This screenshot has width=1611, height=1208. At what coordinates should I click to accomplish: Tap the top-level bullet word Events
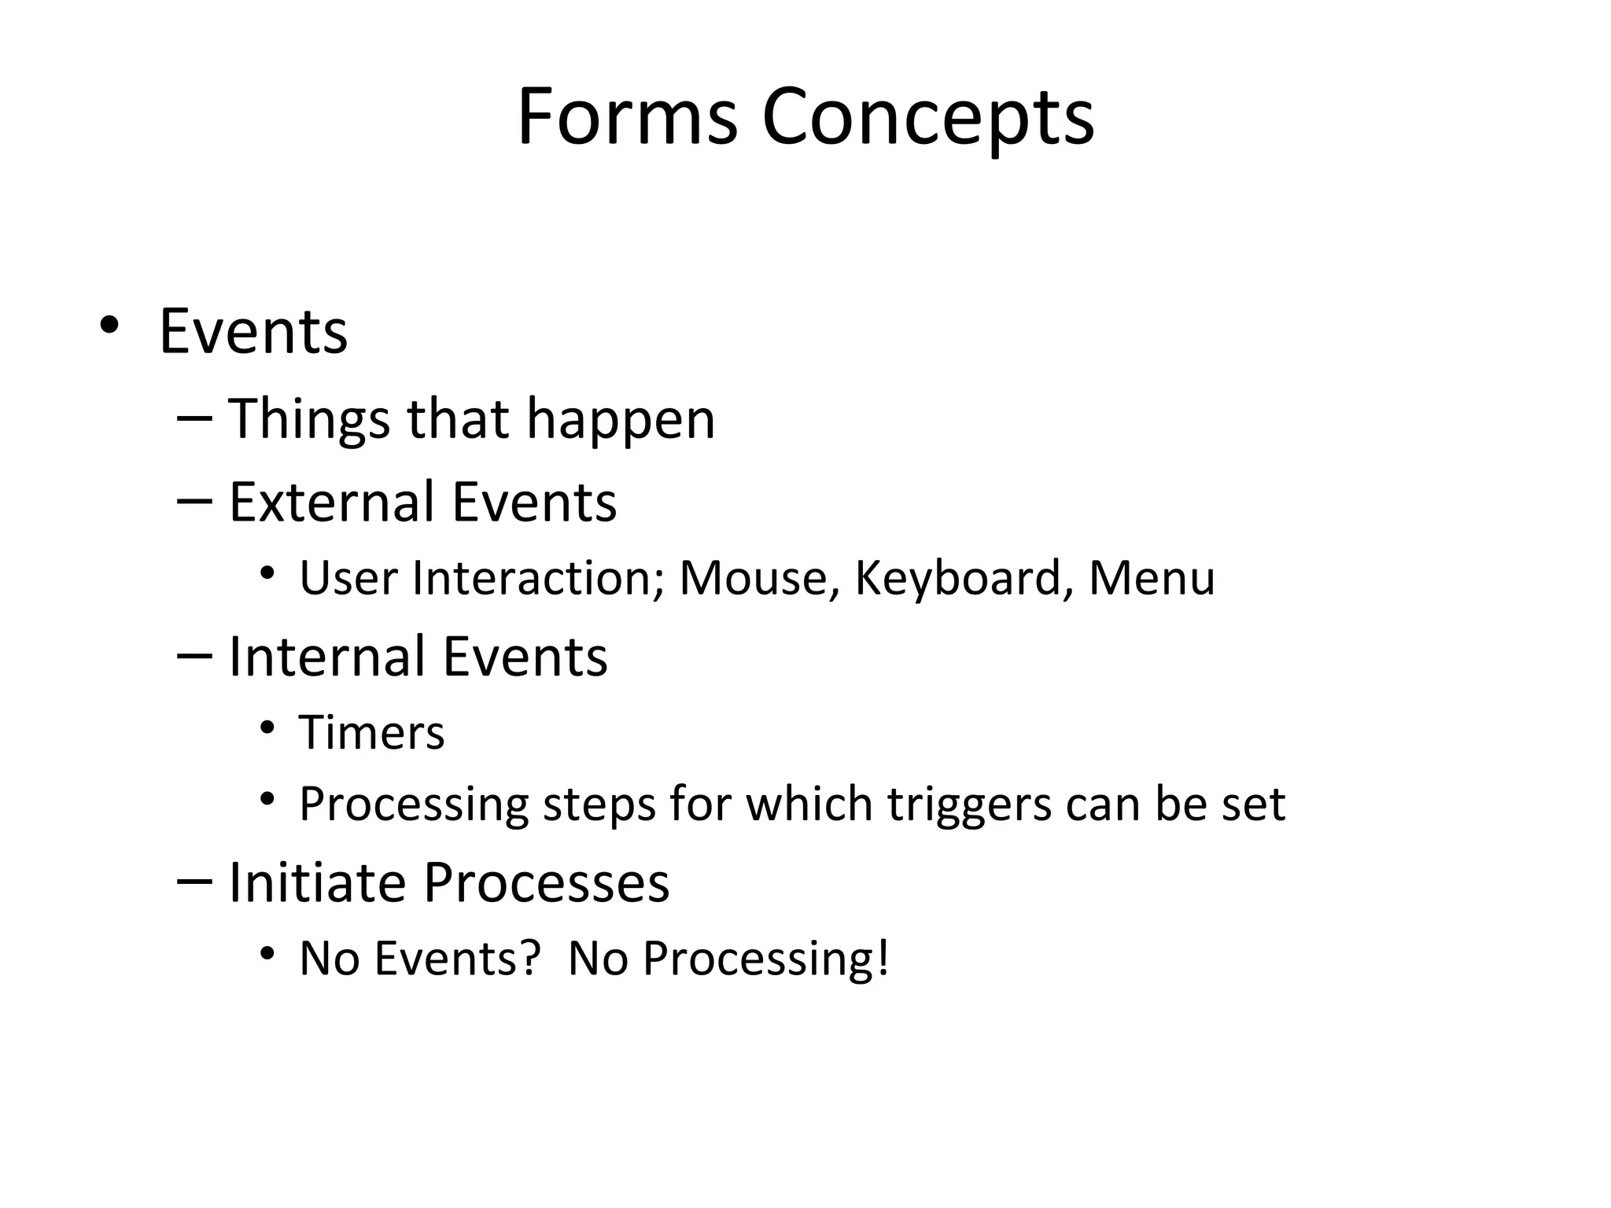253,331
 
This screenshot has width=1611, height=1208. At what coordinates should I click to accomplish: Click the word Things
308,420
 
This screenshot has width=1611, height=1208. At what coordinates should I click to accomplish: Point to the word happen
620,420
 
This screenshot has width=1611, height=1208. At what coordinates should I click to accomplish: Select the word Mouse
759,578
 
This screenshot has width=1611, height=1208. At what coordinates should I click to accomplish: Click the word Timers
371,733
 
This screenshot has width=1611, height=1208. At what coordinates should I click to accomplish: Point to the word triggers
969,805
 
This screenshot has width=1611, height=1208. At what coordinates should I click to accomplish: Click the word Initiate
316,882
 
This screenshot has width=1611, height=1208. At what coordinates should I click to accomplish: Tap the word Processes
546,882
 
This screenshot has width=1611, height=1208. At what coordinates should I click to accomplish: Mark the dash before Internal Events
194,654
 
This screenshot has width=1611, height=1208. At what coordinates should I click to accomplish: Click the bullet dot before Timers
267,727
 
